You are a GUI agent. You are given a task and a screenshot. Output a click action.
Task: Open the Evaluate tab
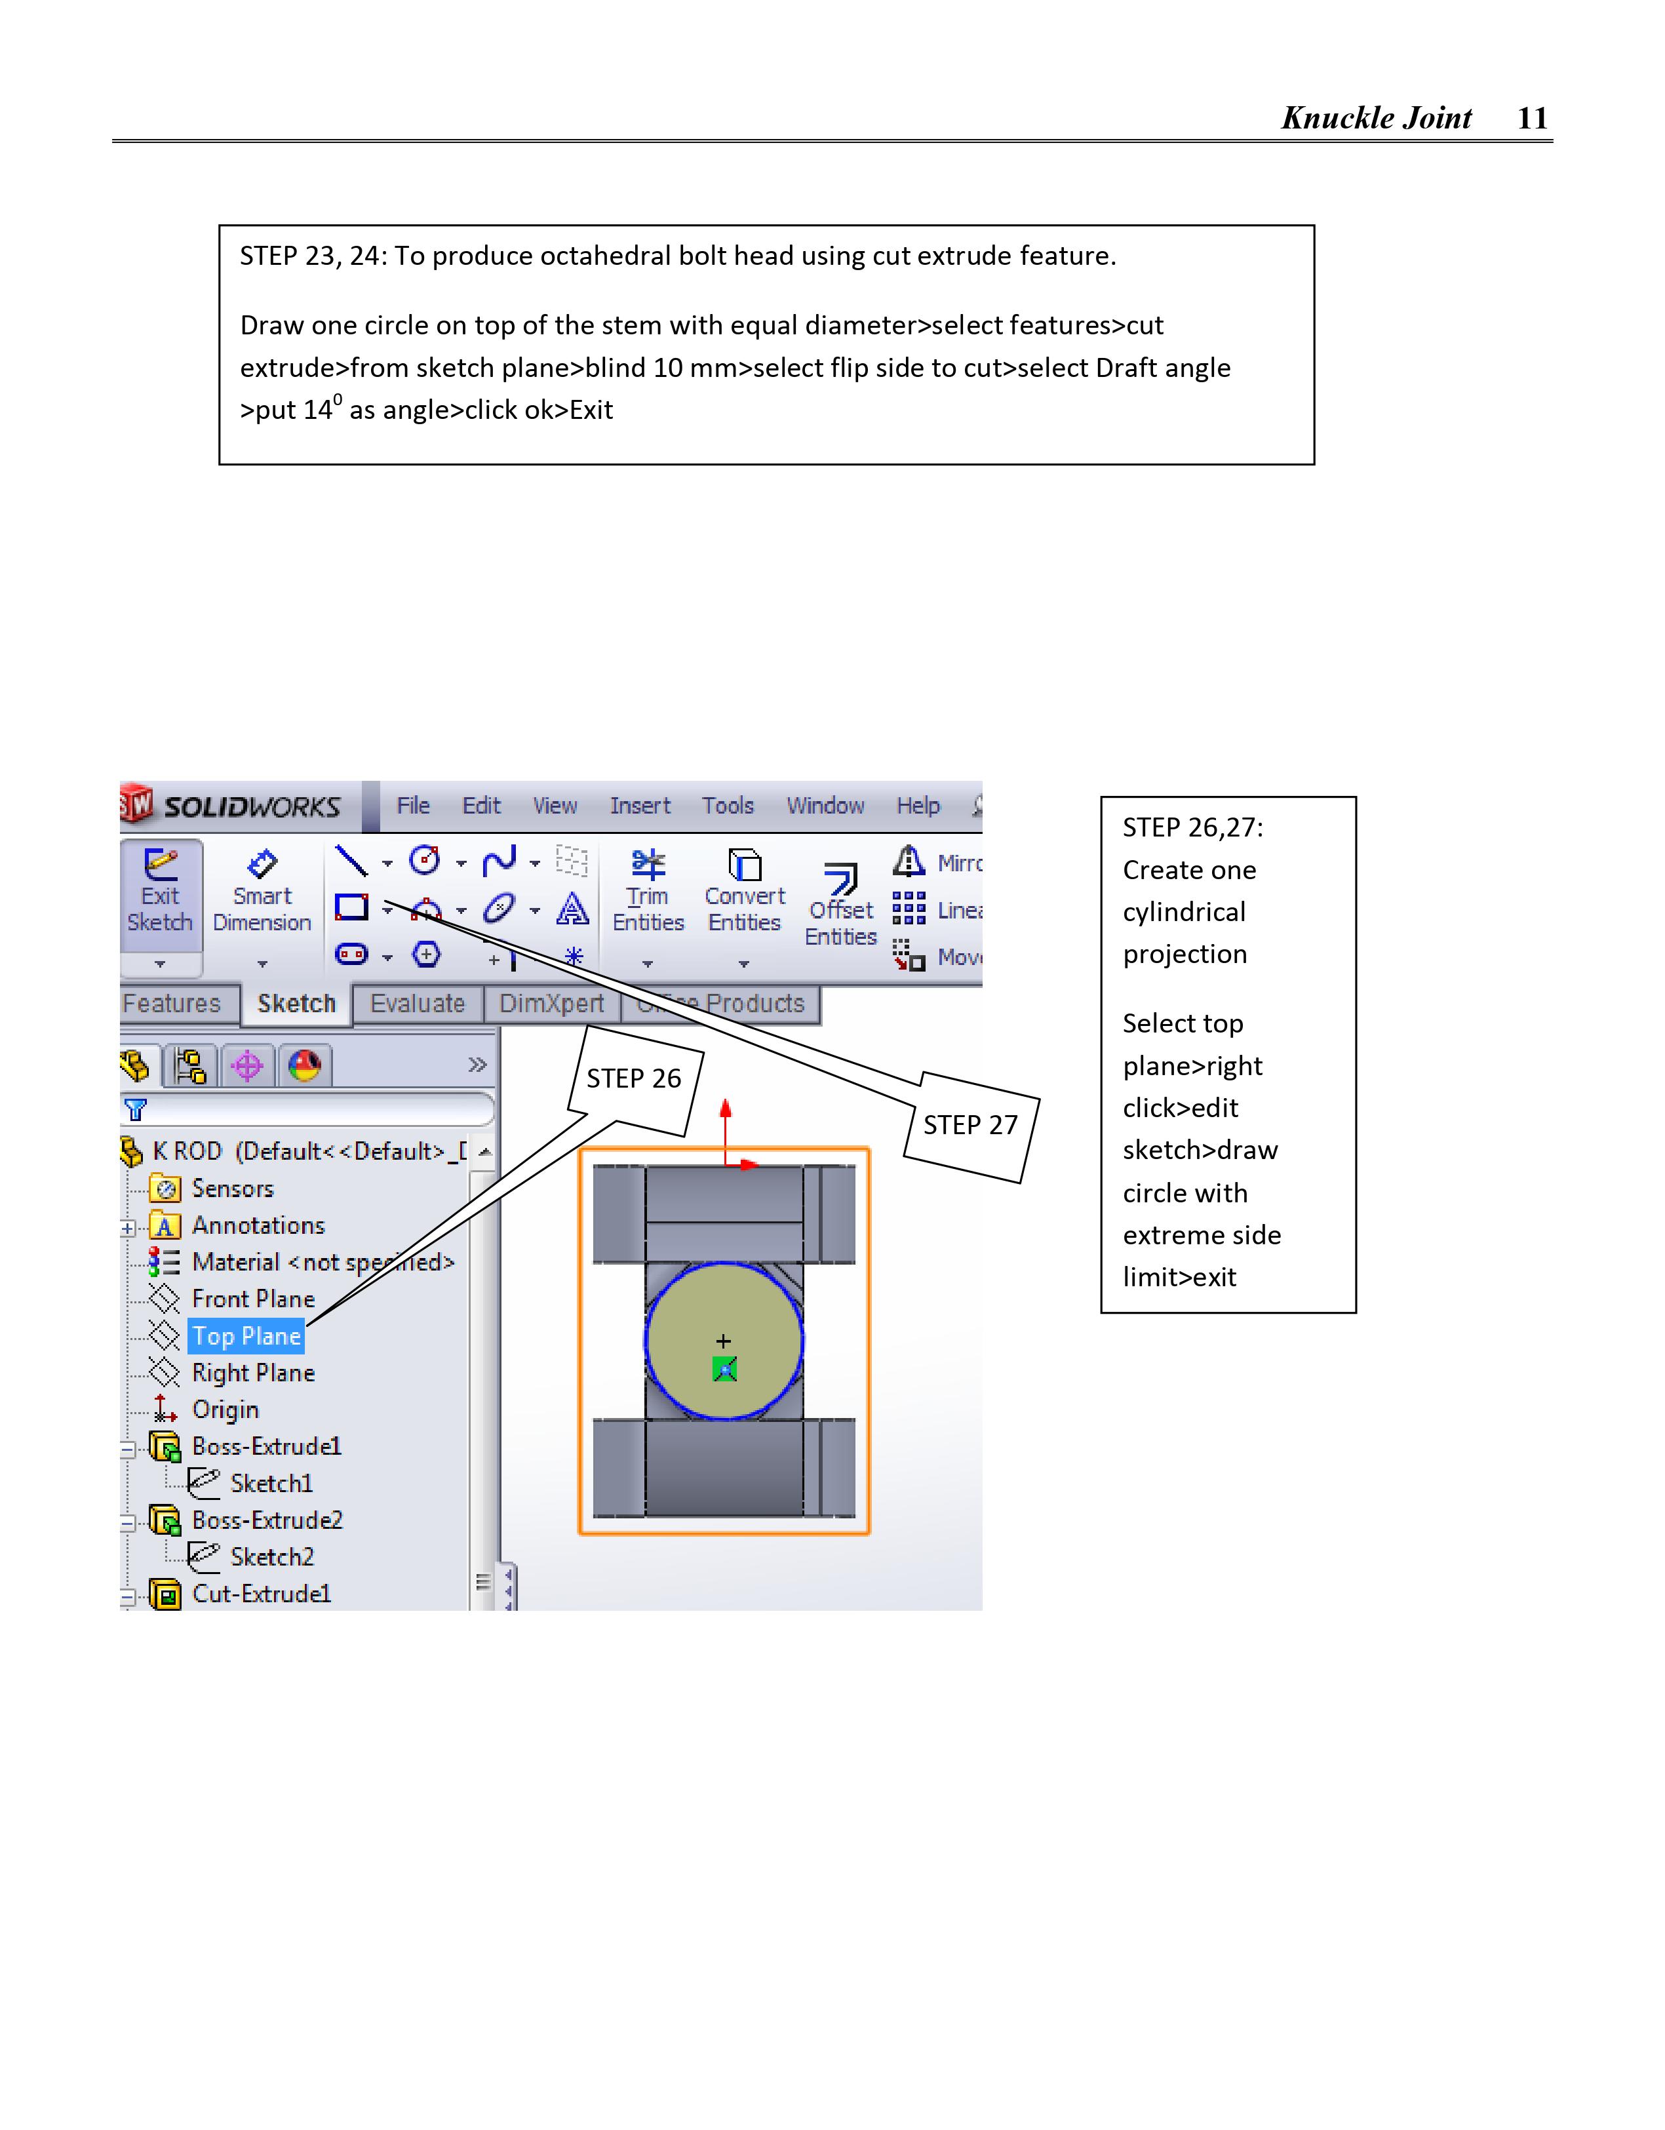click(418, 1004)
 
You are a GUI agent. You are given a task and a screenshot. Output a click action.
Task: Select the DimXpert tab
click(551, 1004)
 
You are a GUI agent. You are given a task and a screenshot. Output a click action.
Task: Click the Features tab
click(172, 1004)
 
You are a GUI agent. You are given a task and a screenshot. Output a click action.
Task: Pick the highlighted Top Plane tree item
click(246, 1336)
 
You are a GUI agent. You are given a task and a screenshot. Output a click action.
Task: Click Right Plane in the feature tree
click(252, 1373)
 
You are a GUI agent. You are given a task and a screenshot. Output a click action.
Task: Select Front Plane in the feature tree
click(252, 1299)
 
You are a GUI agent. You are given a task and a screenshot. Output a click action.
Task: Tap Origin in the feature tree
click(225, 1410)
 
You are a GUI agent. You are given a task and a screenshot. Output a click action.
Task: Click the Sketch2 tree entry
click(271, 1558)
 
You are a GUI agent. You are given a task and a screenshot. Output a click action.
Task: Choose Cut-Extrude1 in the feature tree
click(262, 1594)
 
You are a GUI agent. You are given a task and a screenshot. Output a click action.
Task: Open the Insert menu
click(640, 806)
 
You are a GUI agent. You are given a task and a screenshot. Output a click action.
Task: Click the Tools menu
click(728, 806)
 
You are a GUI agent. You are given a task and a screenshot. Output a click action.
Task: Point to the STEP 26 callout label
click(634, 1078)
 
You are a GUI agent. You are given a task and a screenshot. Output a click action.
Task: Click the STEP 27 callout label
click(971, 1126)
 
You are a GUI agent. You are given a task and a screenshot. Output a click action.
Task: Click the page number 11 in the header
click(1533, 118)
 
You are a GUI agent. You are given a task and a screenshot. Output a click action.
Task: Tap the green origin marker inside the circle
click(724, 1370)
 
